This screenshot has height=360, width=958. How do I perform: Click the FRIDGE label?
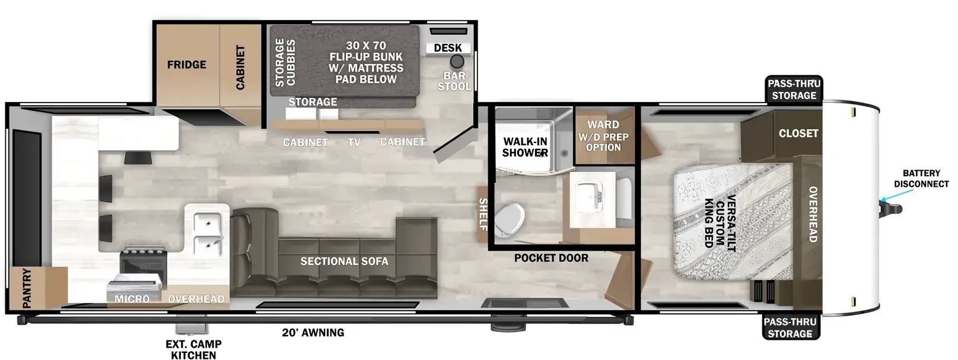pos(186,65)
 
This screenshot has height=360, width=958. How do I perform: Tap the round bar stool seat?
pos(457,62)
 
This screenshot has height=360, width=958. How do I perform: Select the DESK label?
pos(448,48)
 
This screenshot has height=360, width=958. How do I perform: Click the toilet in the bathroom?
pos(510,220)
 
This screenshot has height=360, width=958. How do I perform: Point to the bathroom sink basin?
pos(589,197)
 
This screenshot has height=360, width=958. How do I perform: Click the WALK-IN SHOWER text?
pos(525,147)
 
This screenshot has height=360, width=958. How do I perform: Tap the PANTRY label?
pos(27,288)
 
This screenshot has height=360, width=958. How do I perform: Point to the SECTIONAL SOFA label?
pos(344,261)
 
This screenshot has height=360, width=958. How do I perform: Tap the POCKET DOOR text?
pos(551,258)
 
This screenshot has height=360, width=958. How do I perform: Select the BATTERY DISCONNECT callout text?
pos(921,179)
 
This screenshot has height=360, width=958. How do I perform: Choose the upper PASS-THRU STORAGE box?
pos(794,90)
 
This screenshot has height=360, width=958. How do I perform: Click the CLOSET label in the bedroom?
pos(798,133)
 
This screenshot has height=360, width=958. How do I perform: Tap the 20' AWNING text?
pos(313,332)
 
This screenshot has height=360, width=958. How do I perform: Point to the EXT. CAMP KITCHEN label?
pos(194,349)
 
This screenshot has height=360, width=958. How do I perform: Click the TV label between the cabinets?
pos(354,142)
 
